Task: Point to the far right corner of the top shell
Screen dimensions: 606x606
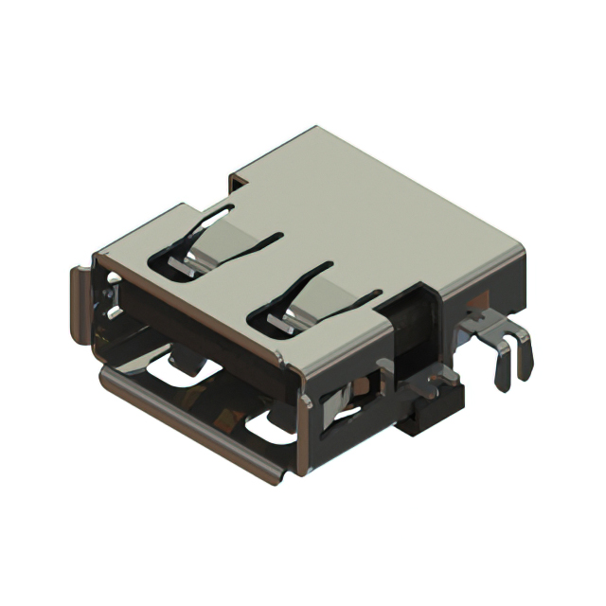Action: tap(524, 248)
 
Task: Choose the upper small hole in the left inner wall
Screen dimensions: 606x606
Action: tap(114, 281)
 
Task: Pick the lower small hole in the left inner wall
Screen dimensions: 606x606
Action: tap(115, 312)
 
